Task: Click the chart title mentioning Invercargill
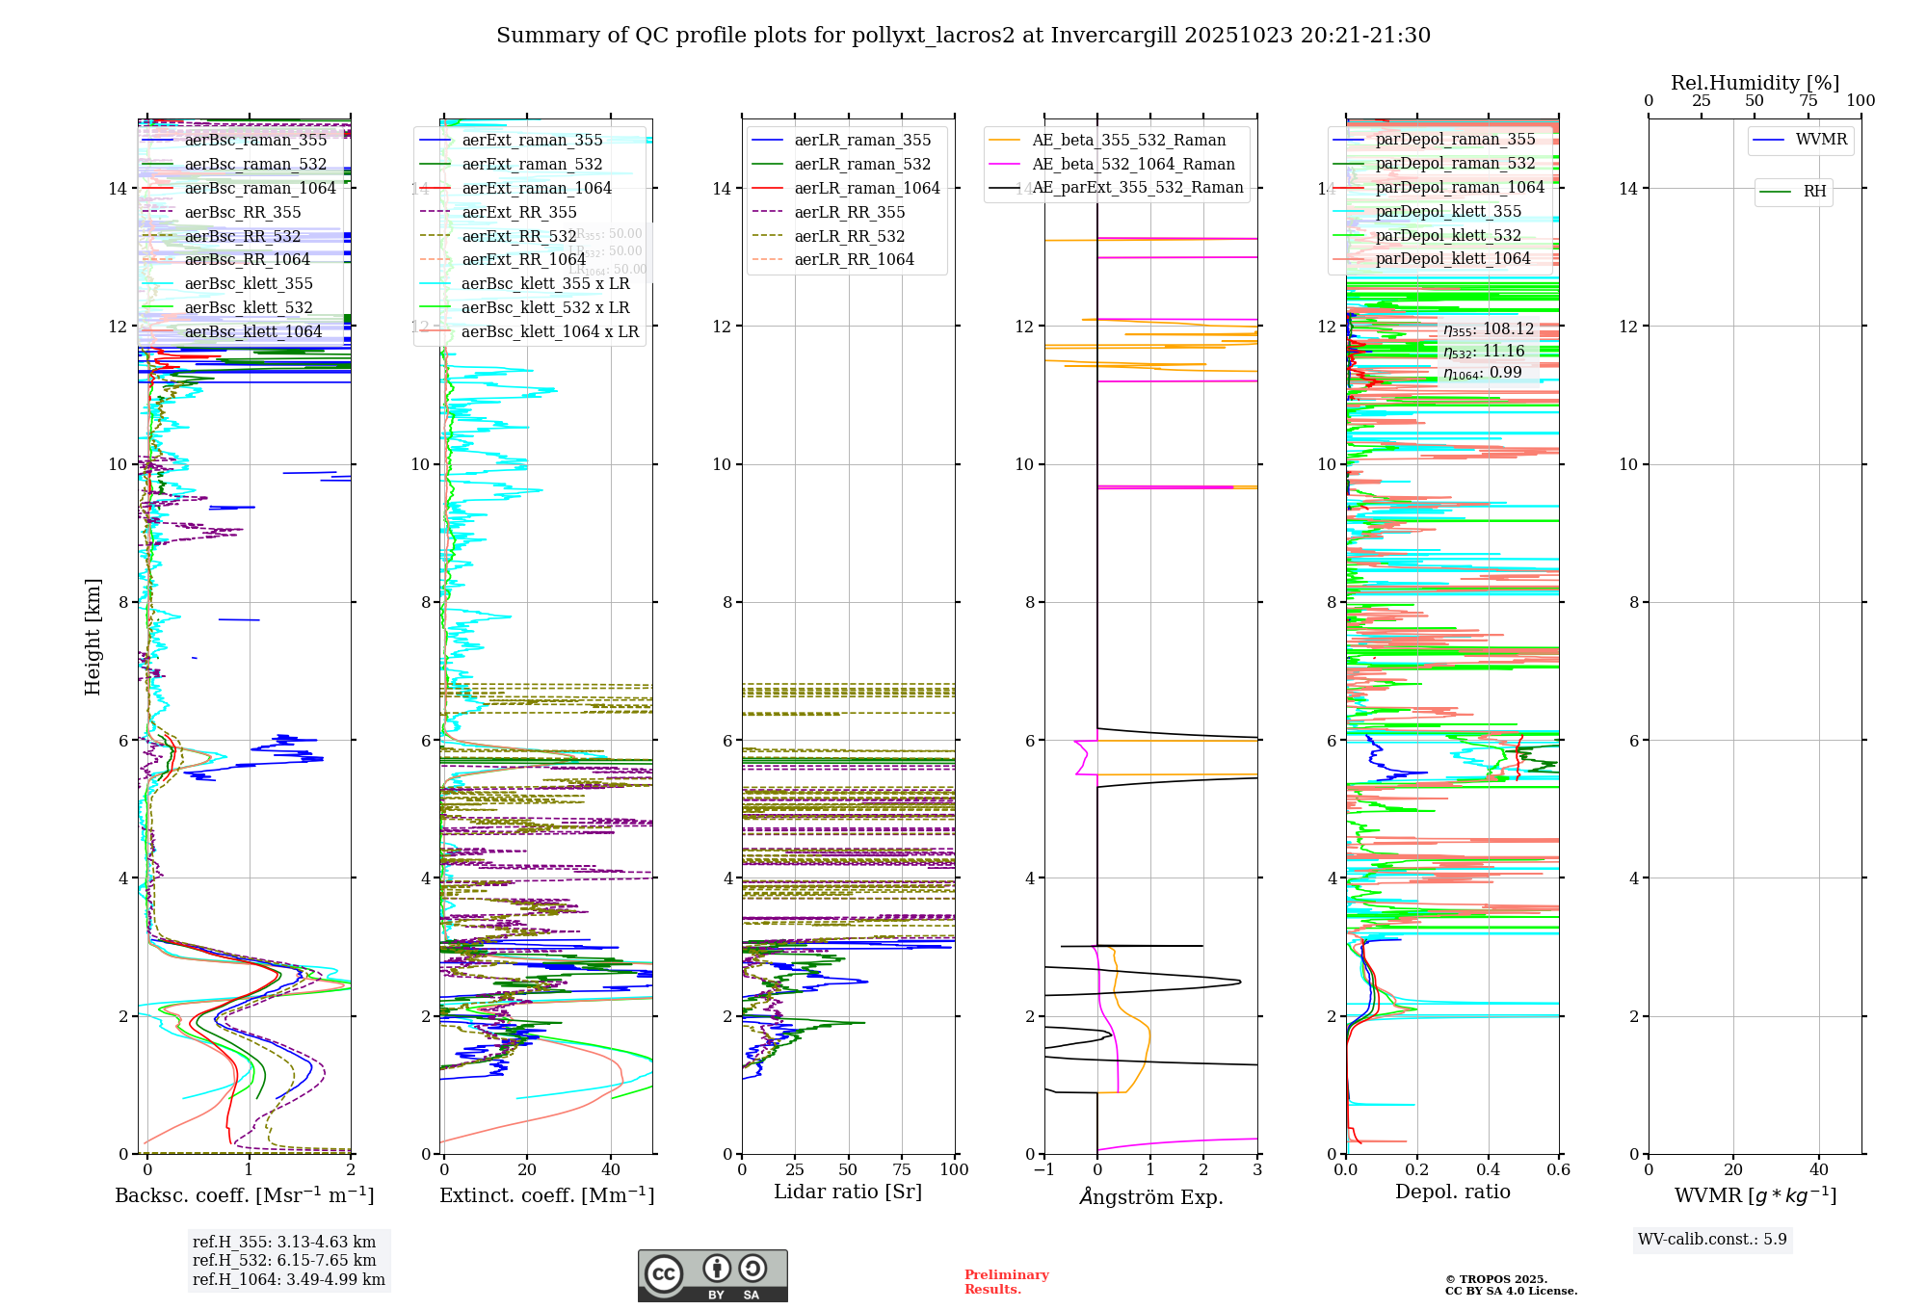point(963,36)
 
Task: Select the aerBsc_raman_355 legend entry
point(255,141)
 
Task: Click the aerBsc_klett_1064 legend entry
point(252,332)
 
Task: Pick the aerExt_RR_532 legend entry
point(518,237)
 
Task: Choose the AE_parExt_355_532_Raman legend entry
point(1137,188)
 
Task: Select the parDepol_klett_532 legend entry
point(1447,236)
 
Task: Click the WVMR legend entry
point(1821,141)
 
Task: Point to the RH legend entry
point(1814,192)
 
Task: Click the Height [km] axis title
point(92,637)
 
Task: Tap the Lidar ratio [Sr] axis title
point(848,1192)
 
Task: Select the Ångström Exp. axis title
point(1150,1197)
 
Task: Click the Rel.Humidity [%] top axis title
point(1755,83)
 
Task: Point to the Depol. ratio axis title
point(1452,1192)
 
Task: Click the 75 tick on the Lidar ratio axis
point(902,1170)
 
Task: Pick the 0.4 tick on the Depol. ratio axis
point(1488,1170)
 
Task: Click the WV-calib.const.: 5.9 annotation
point(1712,1240)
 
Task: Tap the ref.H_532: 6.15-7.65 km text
point(284,1261)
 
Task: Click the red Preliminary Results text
point(1006,1282)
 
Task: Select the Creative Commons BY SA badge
point(712,1275)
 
